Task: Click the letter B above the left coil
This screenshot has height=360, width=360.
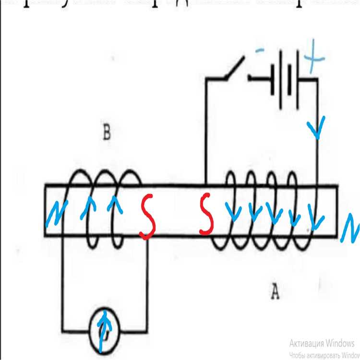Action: pos(107,133)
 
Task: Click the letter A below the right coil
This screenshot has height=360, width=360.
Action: pos(275,291)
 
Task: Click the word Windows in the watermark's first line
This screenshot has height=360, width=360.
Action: pos(338,344)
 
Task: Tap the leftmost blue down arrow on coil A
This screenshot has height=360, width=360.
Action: pos(234,212)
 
